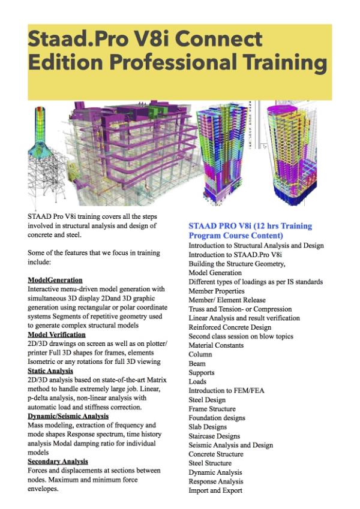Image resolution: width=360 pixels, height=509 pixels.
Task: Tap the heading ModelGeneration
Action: (x=55, y=280)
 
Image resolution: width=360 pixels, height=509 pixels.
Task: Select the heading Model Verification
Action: (x=56, y=334)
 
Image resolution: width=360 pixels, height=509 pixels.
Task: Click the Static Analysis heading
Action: (x=50, y=371)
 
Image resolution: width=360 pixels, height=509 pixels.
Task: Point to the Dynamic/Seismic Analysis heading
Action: (x=68, y=415)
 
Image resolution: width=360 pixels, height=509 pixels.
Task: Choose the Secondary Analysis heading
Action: (x=58, y=461)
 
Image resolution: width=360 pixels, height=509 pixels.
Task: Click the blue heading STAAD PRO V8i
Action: (x=250, y=226)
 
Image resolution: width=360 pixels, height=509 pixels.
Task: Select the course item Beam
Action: (x=197, y=363)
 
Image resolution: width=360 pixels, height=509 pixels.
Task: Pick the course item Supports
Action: (x=202, y=372)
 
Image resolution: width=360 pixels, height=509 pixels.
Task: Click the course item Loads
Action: (x=197, y=381)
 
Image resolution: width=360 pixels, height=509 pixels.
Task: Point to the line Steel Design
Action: (x=207, y=399)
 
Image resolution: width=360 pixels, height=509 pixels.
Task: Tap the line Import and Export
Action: (x=215, y=490)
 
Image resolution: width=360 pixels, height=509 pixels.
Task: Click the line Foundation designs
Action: (x=217, y=418)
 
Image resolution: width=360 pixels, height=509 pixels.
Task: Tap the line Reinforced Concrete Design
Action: (x=230, y=327)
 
